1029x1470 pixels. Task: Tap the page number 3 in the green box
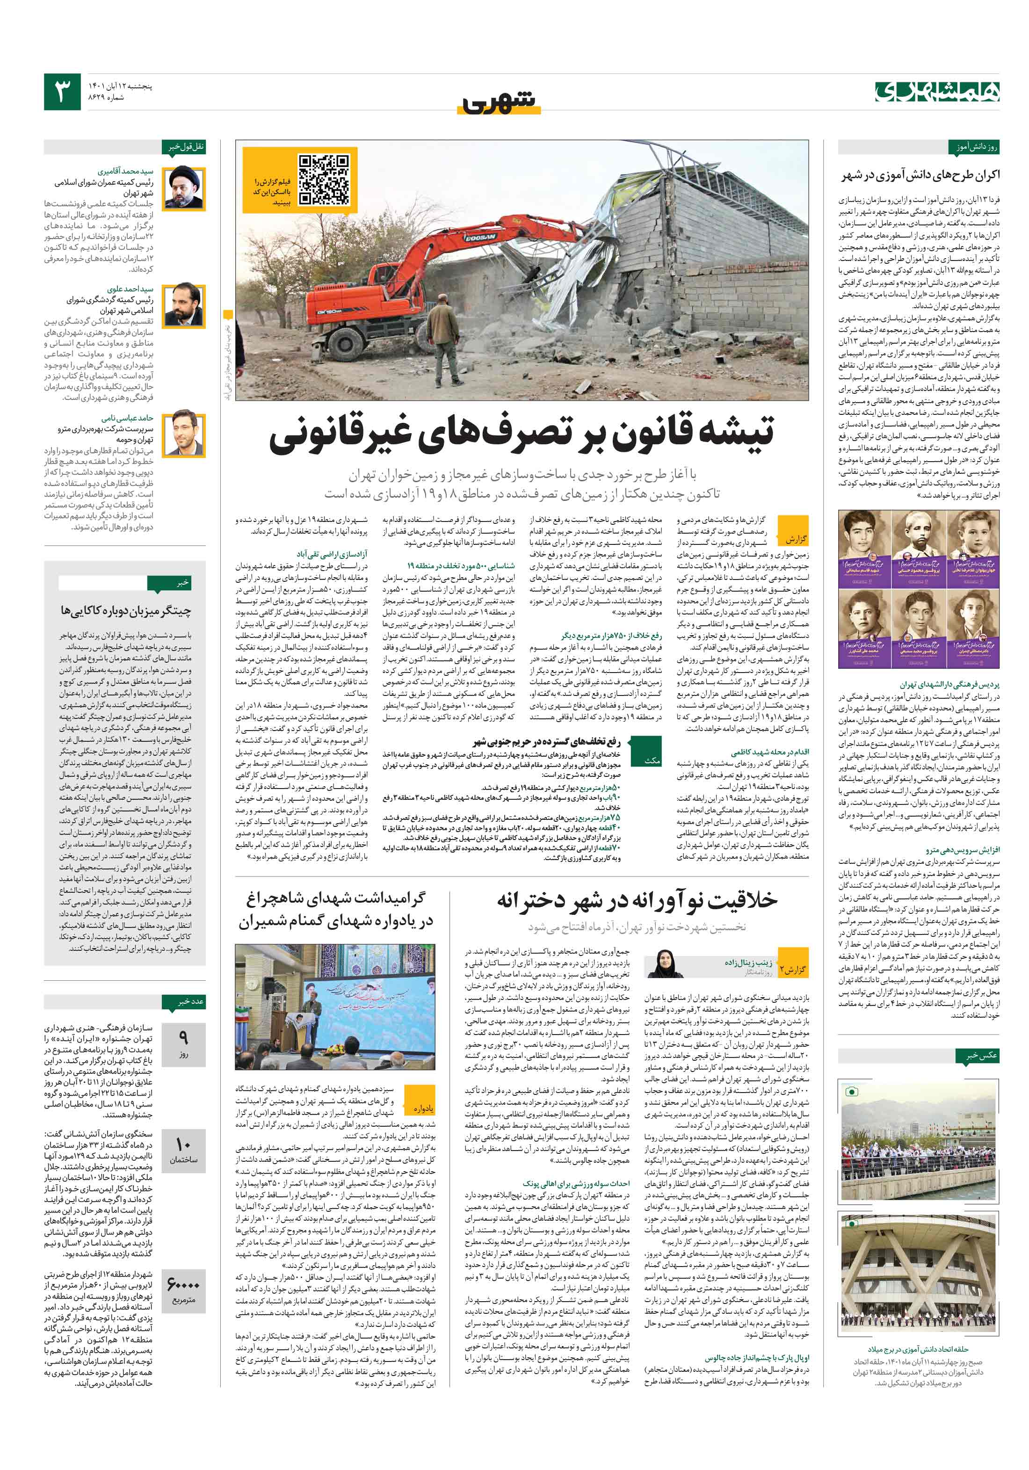click(x=62, y=92)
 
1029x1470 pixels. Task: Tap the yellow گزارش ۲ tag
click(x=793, y=970)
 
